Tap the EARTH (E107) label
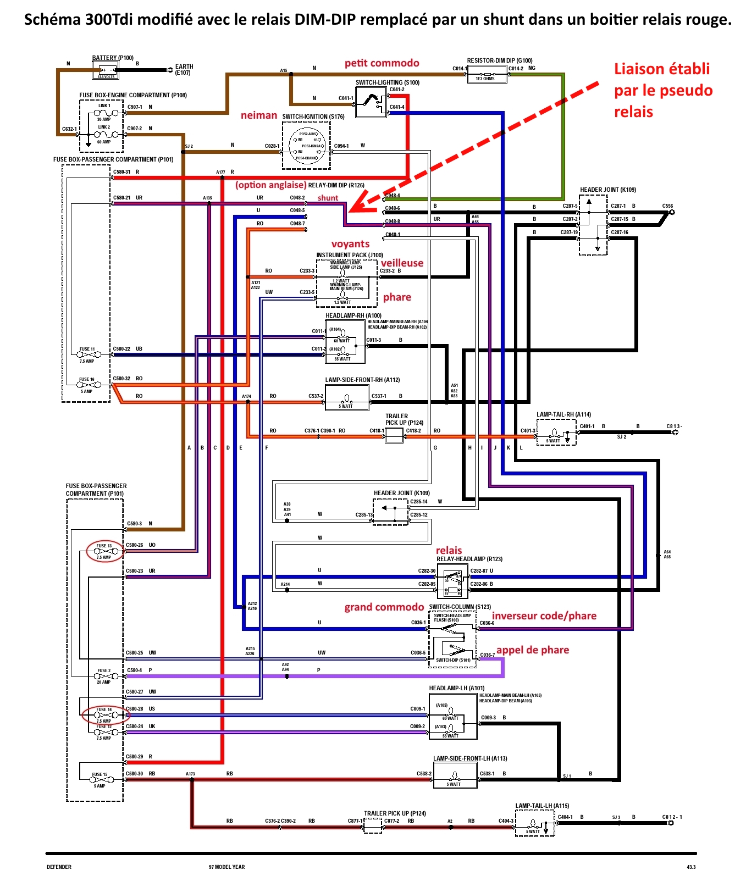(184, 69)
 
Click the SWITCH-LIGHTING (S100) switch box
(371, 102)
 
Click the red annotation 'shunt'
(328, 198)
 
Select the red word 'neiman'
(258, 115)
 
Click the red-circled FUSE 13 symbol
(104, 551)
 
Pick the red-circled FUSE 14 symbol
(103, 714)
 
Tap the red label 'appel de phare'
(532, 650)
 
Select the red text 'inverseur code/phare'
(544, 616)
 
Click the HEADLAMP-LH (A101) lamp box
(452, 717)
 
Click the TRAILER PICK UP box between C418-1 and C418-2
(394, 435)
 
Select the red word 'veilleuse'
(402, 263)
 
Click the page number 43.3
(690, 867)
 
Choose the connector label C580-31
(121, 172)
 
